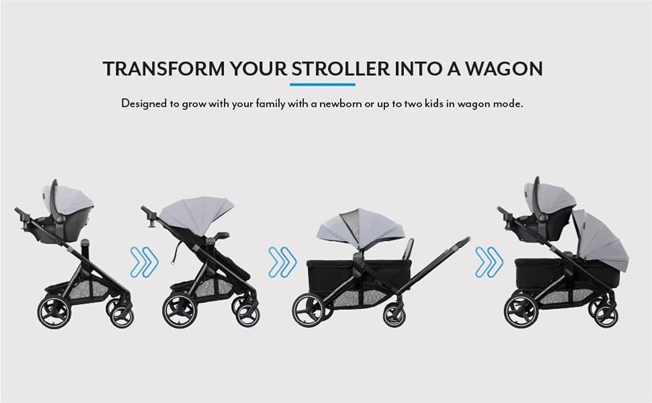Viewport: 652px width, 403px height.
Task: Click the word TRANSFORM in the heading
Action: (163, 69)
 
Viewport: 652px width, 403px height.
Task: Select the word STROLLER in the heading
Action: (340, 69)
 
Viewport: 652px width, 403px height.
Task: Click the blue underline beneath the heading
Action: (323, 85)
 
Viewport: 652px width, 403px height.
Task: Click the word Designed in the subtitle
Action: (144, 103)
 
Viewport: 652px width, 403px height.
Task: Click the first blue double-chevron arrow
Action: (145, 262)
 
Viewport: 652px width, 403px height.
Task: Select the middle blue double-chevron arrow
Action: (282, 262)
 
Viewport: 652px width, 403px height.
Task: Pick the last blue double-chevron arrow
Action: (489, 262)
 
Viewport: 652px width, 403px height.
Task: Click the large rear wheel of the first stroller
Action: (54, 312)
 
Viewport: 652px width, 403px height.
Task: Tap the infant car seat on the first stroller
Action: (67, 211)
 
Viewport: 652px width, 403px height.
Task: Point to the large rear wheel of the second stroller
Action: (179, 311)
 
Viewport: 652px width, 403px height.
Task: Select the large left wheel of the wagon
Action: (309, 310)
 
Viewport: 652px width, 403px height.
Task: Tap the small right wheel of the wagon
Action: (394, 315)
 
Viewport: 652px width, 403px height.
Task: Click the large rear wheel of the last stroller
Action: (521, 312)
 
